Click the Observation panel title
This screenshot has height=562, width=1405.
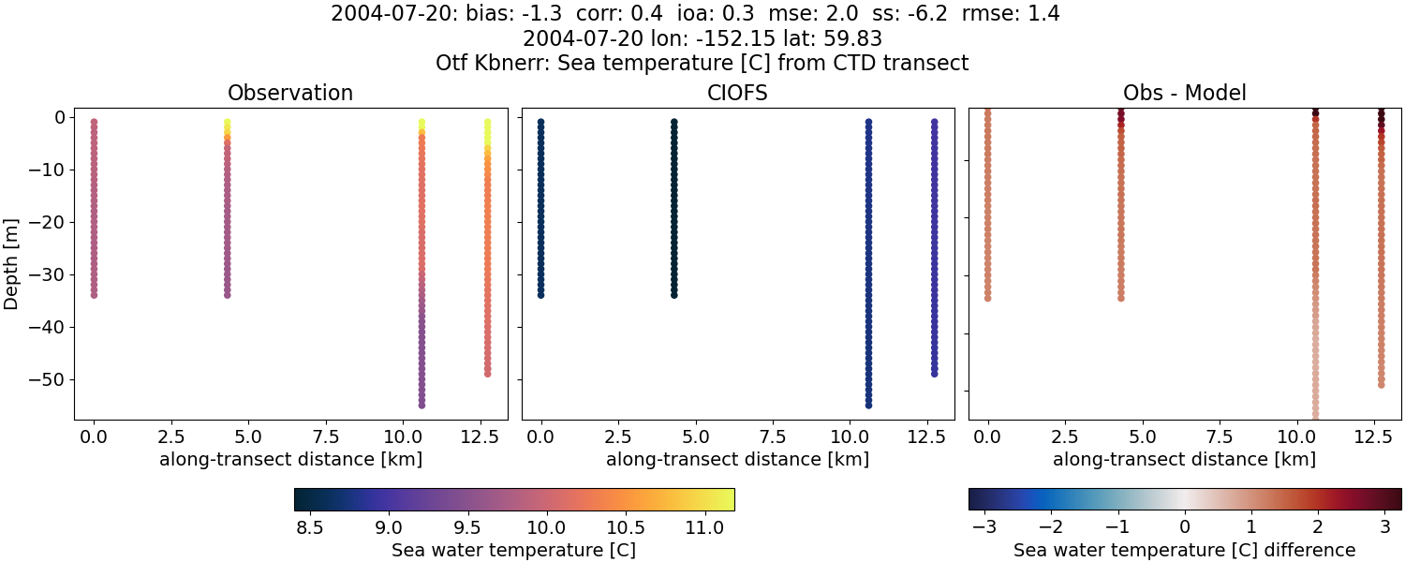pyautogui.click(x=290, y=94)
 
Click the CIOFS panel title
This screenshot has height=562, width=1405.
pyautogui.click(x=737, y=94)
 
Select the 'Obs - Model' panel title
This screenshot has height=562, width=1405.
pyautogui.click(x=1184, y=94)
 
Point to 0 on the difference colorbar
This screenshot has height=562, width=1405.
pyautogui.click(x=1185, y=527)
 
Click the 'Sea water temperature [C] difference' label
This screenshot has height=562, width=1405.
pyautogui.click(x=1184, y=550)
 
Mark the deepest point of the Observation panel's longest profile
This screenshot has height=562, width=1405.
pyautogui.click(x=421, y=405)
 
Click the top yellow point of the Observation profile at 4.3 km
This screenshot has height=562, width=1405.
pyautogui.click(x=227, y=123)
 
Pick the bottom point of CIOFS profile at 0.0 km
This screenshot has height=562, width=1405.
pyautogui.click(x=540, y=294)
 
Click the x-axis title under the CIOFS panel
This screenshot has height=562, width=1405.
pyautogui.click(x=737, y=459)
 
